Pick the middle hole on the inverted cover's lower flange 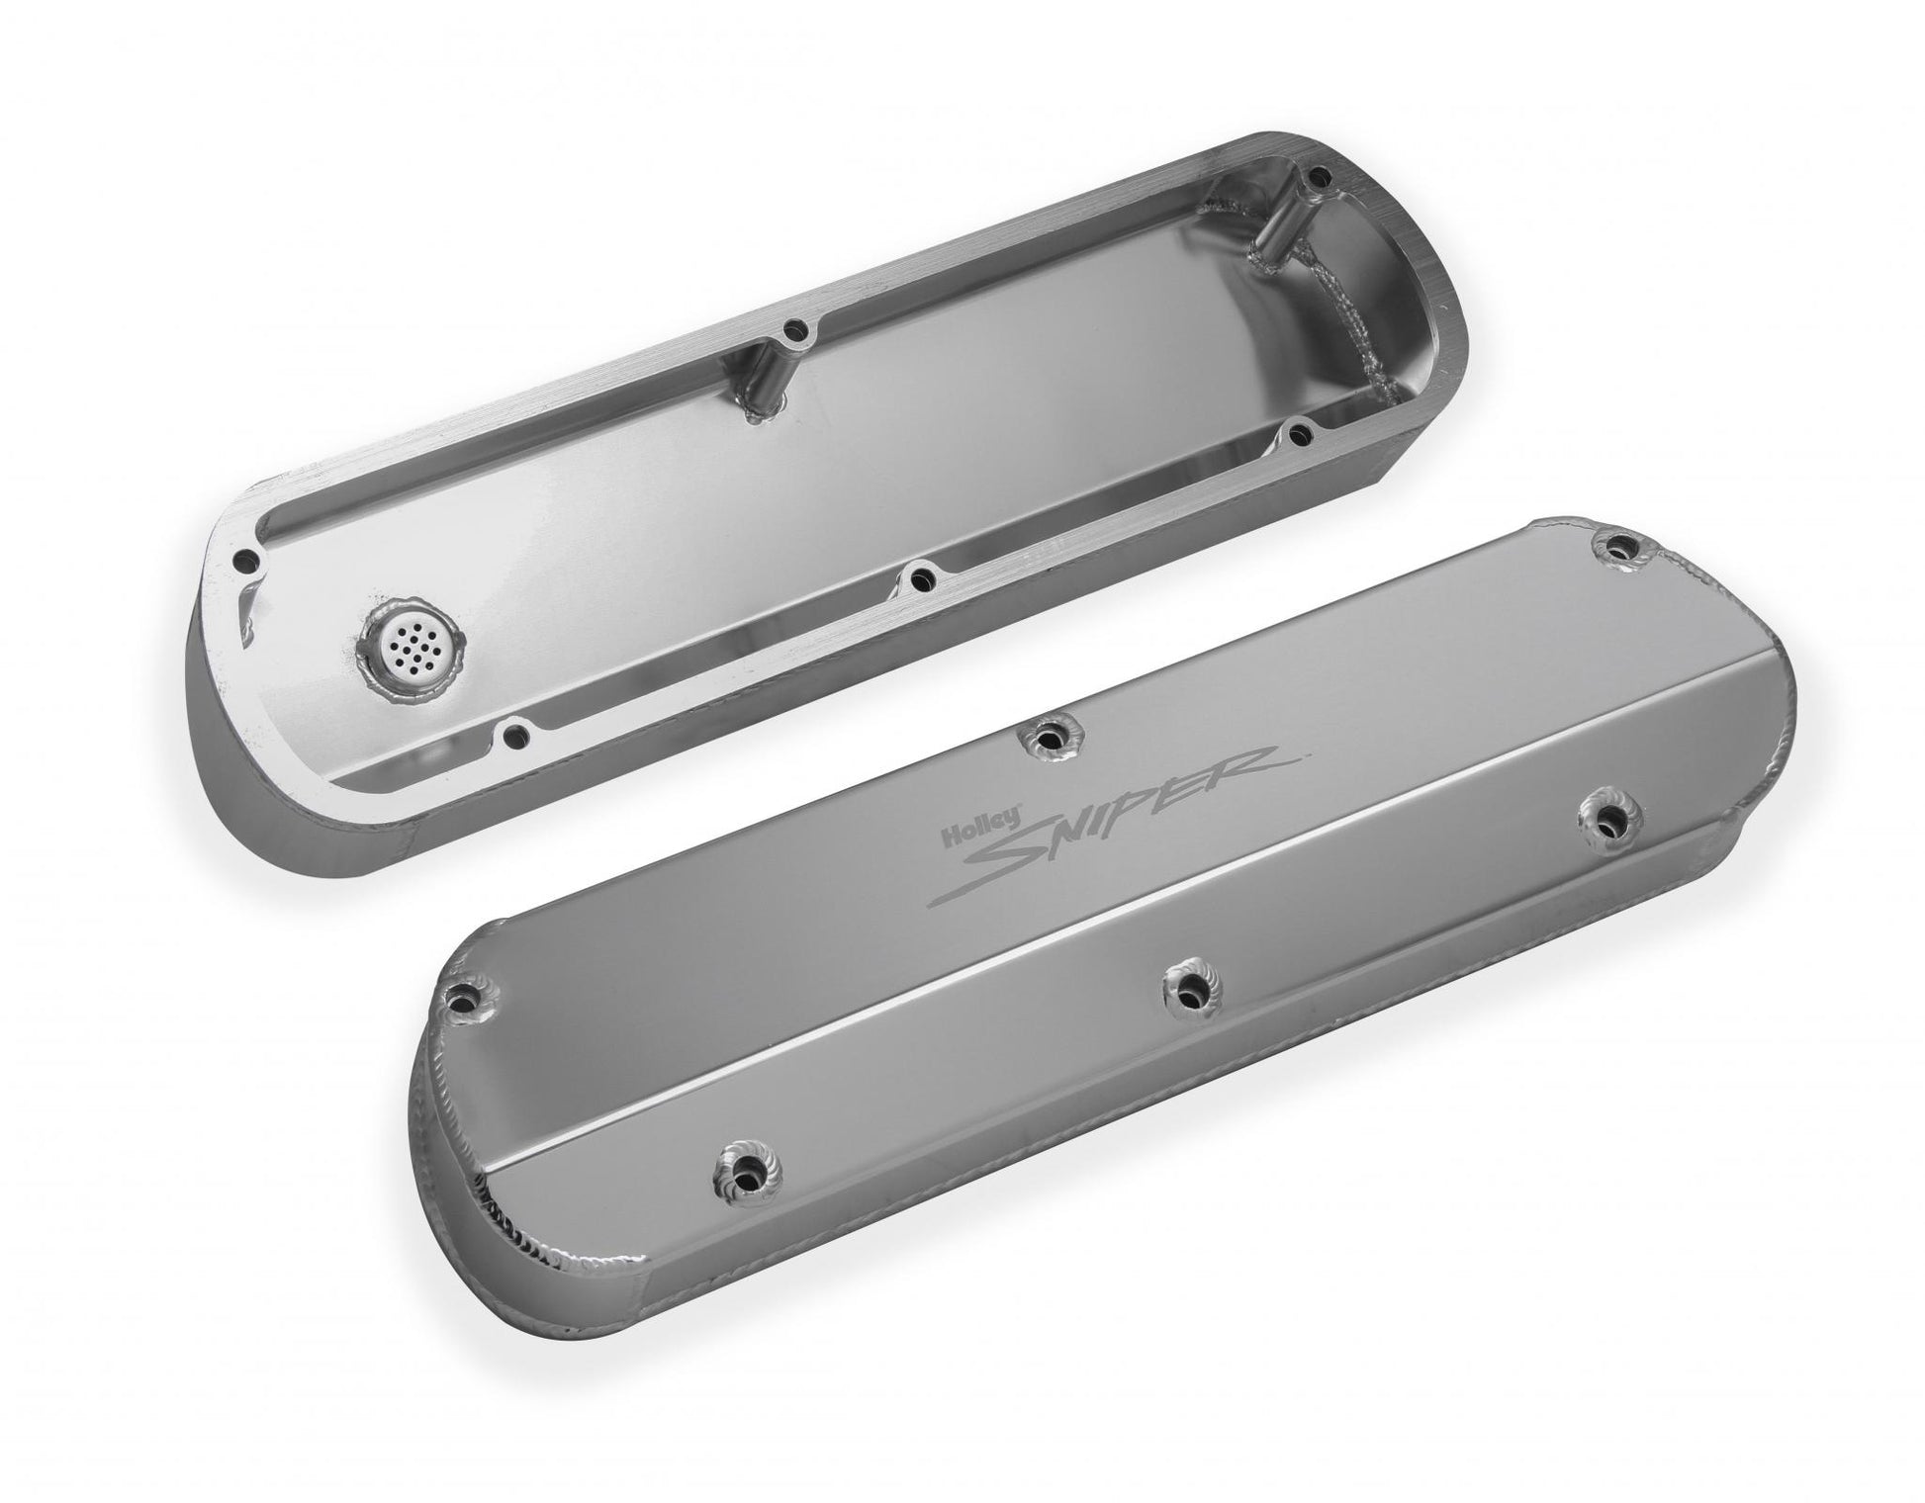pos(921,574)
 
